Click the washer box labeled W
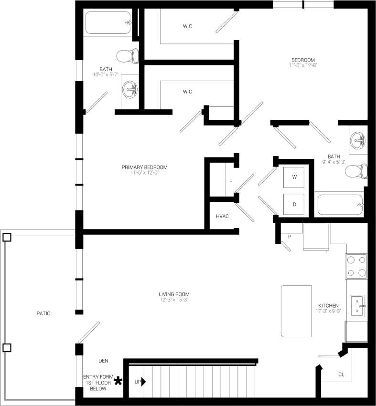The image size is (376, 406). [294, 177]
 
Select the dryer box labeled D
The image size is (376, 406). [294, 204]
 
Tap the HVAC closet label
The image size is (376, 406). [222, 216]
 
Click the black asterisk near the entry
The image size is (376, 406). [118, 381]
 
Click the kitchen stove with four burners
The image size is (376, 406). [356, 266]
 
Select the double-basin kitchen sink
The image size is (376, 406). [357, 306]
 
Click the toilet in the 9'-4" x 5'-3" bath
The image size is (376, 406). [357, 171]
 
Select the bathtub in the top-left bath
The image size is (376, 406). [108, 22]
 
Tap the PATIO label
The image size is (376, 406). [43, 313]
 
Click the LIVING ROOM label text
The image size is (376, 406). [174, 294]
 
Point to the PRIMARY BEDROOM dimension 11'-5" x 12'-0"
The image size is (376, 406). [144, 173]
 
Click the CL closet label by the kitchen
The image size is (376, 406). [341, 375]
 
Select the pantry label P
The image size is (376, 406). [289, 237]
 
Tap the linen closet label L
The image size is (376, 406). [230, 180]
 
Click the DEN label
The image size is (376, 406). [104, 361]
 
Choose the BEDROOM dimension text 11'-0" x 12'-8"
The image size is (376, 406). [303, 65]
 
